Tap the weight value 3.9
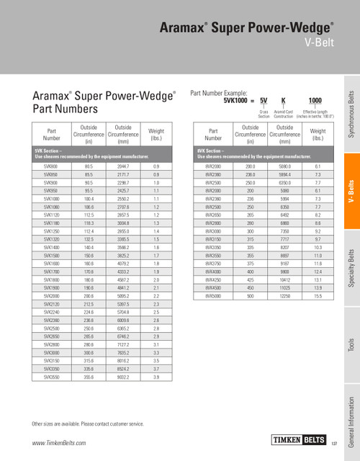(x=156, y=376)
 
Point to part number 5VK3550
(x=51, y=376)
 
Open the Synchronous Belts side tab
(x=350, y=115)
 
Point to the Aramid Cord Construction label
(x=283, y=114)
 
